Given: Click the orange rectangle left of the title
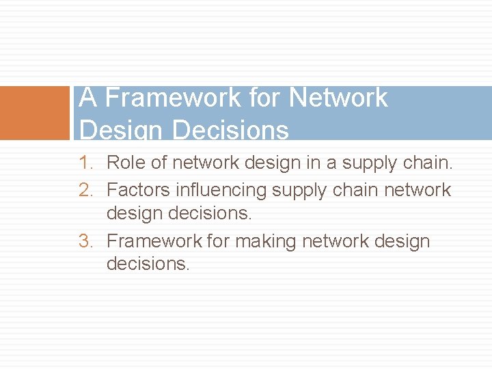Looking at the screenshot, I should click(x=35, y=113).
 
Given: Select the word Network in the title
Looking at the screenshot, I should click(x=338, y=98).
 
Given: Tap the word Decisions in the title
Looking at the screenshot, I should click(x=232, y=130).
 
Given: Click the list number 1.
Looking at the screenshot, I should click(x=85, y=163).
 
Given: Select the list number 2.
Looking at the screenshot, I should click(x=85, y=189).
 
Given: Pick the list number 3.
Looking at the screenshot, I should click(x=85, y=241).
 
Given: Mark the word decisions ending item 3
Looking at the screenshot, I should click(x=148, y=264).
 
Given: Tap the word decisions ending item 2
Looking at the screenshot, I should click(x=211, y=213).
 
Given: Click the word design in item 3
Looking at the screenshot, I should click(x=402, y=241).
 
